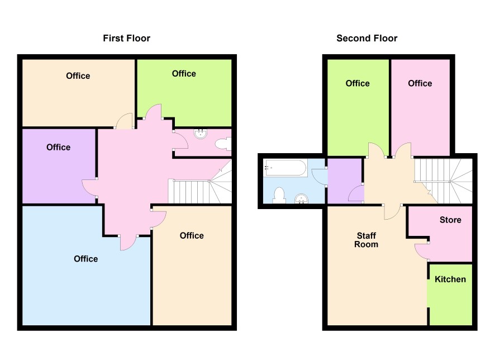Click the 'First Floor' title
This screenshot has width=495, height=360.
(x=127, y=38)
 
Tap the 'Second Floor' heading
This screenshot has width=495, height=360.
(x=367, y=38)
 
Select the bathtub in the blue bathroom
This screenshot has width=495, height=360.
(x=286, y=168)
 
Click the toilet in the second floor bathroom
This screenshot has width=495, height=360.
(x=279, y=196)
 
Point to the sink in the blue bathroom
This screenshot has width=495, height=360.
(x=301, y=198)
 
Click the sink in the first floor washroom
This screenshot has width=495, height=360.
(x=201, y=134)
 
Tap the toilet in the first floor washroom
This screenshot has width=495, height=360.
(x=223, y=144)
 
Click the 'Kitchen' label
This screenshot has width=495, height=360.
(x=450, y=279)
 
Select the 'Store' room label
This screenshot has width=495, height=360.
(x=450, y=220)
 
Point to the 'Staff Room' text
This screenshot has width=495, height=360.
(x=366, y=240)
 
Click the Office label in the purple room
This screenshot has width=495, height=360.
(x=59, y=147)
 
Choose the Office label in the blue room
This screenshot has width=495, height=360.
(x=86, y=259)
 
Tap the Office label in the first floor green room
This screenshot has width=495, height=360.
(x=184, y=74)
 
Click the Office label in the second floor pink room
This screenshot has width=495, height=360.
(x=420, y=83)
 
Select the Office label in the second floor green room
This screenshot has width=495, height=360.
(x=358, y=83)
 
